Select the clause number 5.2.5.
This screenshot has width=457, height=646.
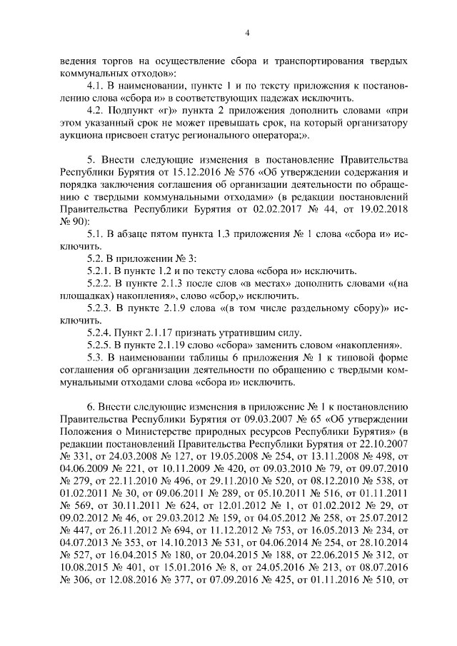click(101, 346)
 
